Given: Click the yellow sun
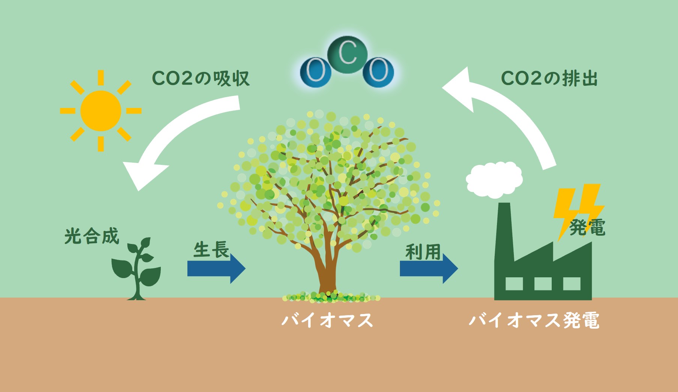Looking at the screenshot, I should click(101, 111).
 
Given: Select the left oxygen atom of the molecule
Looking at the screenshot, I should click(316, 72).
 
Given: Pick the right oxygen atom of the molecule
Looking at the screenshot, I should click(378, 72).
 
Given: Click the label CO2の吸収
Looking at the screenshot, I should click(201, 78).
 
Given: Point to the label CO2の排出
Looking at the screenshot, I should click(549, 78).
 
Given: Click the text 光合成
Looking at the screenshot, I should click(91, 236).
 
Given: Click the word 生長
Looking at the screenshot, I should click(211, 250).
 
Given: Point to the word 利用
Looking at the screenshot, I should click(423, 251).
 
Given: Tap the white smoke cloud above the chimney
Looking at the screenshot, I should click(494, 179).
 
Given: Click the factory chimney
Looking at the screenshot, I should click(504, 232).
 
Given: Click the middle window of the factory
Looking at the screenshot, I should click(543, 283).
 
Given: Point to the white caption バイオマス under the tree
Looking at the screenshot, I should click(327, 320).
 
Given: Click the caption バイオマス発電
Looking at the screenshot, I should click(534, 320).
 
